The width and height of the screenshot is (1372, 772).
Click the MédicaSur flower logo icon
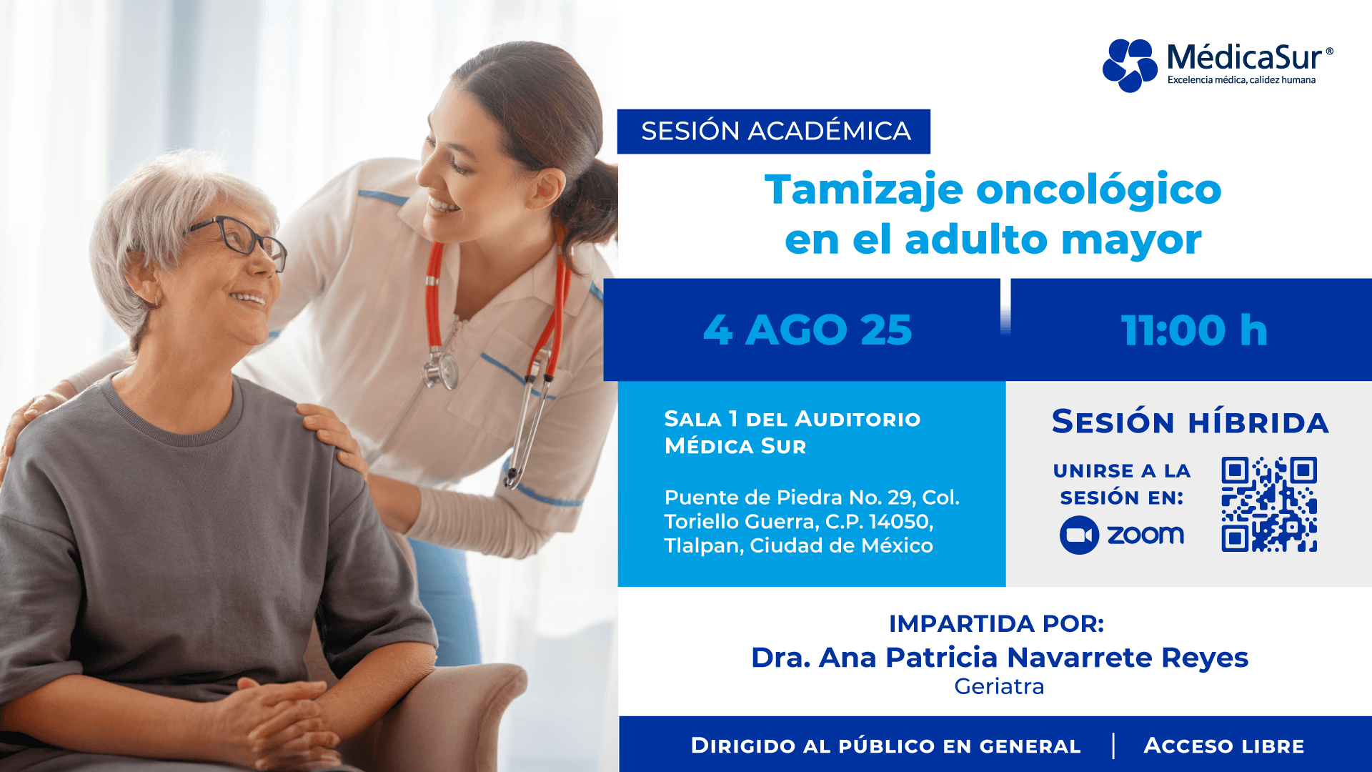(1130, 65)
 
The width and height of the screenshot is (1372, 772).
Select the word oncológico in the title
(1098, 191)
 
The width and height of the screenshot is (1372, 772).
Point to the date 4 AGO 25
(807, 330)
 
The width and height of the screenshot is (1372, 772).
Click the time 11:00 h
(1194, 330)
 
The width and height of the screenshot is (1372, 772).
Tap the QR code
(1269, 504)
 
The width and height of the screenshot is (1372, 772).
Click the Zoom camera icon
(1079, 535)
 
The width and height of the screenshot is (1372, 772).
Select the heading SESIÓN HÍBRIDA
(1190, 422)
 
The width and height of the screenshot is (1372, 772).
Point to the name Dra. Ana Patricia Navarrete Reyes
(999, 657)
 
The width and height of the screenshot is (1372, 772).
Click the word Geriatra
(999, 686)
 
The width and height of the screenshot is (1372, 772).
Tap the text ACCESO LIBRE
(1223, 746)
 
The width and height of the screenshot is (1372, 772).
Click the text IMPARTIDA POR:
(996, 623)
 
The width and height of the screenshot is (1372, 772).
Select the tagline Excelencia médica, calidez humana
(1241, 80)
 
